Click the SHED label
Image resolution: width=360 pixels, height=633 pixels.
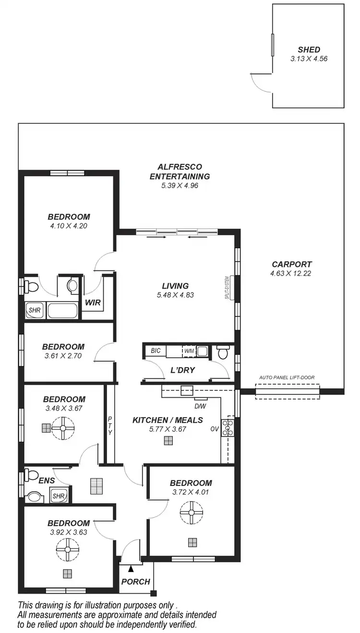pyautogui.click(x=309, y=49)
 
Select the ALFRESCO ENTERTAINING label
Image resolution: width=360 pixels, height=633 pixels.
pyautogui.click(x=180, y=171)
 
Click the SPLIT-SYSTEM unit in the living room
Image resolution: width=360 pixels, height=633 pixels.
pyautogui.click(x=231, y=288)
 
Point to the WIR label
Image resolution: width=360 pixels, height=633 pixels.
pyautogui.click(x=92, y=303)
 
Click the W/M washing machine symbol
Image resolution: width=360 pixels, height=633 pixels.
pyautogui.click(x=189, y=351)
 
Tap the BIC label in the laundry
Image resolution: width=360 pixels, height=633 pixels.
pyautogui.click(x=156, y=351)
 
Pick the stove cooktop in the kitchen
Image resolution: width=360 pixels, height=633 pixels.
pyautogui.click(x=228, y=427)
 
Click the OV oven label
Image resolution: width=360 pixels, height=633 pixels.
pyautogui.click(x=214, y=429)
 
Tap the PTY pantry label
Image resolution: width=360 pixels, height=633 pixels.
pyautogui.click(x=110, y=426)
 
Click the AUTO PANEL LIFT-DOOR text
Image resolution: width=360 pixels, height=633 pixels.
pyautogui.click(x=287, y=377)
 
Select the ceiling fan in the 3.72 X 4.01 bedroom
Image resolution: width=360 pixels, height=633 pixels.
pyautogui.click(x=191, y=513)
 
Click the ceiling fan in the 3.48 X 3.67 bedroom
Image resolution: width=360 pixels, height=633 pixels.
pyautogui.click(x=63, y=427)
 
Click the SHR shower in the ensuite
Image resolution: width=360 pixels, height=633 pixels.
pyautogui.click(x=59, y=496)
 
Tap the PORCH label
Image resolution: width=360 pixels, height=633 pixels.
pyautogui.click(x=135, y=582)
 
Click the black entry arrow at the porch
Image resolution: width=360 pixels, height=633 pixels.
pyautogui.click(x=131, y=569)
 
